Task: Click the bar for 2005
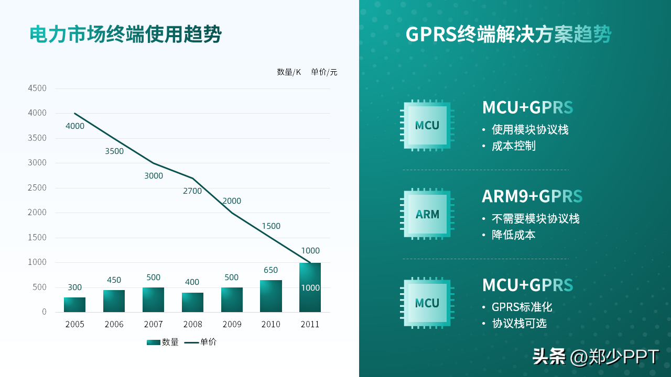[x=74, y=305]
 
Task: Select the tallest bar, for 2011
[x=310, y=287]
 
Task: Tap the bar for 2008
[x=192, y=302]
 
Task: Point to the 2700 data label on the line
[x=192, y=191]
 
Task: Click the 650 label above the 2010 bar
[x=270, y=270]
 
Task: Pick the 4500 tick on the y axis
[x=37, y=88]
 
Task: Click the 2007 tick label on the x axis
[x=153, y=325]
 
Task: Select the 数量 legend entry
[x=163, y=342]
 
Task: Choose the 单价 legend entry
[x=201, y=342]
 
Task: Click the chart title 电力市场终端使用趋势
[x=126, y=35]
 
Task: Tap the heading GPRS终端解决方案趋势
[x=508, y=35]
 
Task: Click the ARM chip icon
[x=427, y=214]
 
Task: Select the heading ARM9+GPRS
[x=532, y=196]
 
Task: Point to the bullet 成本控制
[x=514, y=146]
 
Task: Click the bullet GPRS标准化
[x=522, y=307]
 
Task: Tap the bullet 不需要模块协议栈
[x=535, y=219]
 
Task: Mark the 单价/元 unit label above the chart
[x=324, y=72]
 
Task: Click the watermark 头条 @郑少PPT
[x=596, y=357]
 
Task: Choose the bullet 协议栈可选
[x=519, y=324]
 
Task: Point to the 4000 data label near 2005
[x=75, y=126]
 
